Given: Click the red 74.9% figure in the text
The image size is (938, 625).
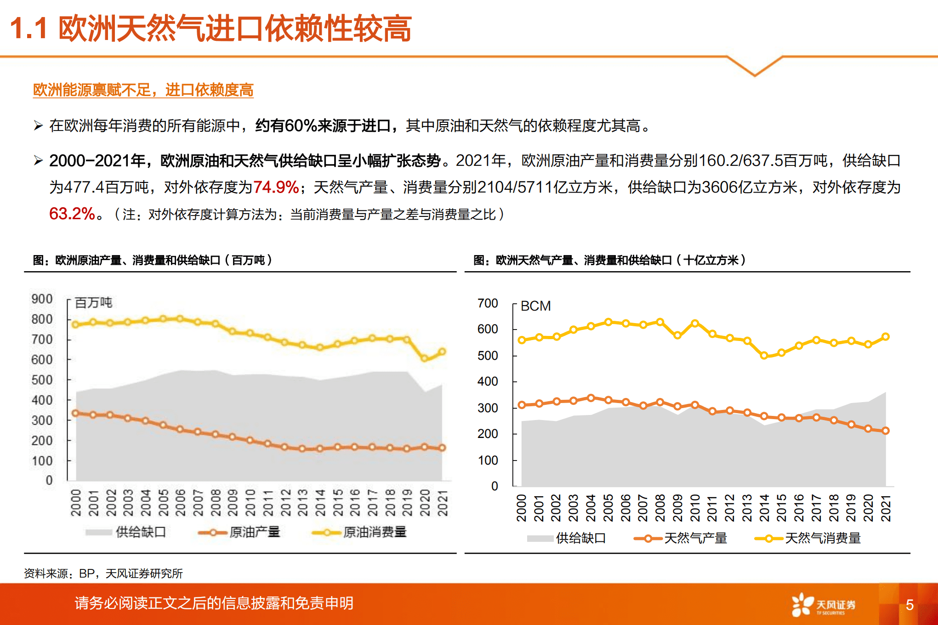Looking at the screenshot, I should pos(276,187).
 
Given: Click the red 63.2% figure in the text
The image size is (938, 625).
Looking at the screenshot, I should pos(72,214).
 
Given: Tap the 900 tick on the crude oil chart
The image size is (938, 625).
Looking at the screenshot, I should pos(42,299).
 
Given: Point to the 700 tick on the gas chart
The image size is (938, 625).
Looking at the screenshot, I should pos(488,303).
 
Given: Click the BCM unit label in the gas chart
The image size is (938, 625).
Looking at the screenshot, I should pos(535,306).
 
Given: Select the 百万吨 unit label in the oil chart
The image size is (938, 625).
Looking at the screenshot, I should pos(93,302).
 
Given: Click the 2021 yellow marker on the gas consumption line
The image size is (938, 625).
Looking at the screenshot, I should pos(886,337).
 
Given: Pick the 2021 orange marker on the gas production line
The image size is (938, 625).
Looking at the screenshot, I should pos(886,431).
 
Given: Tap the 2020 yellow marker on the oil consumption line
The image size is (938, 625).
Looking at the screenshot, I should pos(425,358).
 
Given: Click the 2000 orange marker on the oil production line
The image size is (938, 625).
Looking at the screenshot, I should pos(76,413).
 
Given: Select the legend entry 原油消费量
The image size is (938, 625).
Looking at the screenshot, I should pos(375,532).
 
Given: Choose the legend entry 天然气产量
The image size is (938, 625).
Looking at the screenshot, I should pos(695,538).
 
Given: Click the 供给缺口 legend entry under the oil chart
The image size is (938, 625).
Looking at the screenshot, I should pos(141,532).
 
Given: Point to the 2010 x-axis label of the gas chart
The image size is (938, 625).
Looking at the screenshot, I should pos(695,508).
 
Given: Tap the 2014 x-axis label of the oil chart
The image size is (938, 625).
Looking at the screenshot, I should pos(320,503).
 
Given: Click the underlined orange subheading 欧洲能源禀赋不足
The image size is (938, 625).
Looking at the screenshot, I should pos(143,90).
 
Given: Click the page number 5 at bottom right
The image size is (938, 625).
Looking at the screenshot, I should pos(909,605).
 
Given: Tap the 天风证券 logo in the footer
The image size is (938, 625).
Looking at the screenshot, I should pos(824,605).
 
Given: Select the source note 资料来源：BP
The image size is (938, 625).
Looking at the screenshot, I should pos(103,574).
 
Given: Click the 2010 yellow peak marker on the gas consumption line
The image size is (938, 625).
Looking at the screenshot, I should pos(695,324).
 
